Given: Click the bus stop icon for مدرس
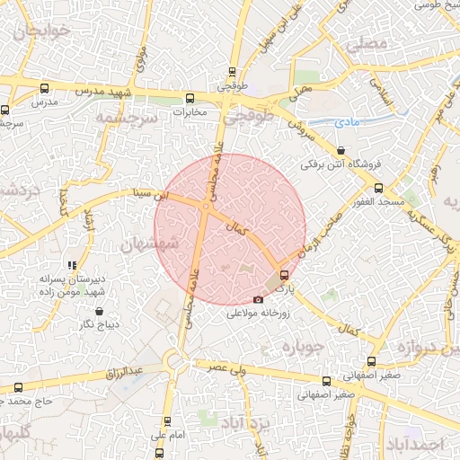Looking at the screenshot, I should click(45, 88).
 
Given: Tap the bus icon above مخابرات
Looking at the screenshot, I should click(190, 98).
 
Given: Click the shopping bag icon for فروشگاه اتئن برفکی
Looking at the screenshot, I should click(340, 150).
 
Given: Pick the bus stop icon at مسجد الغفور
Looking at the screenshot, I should click(378, 189).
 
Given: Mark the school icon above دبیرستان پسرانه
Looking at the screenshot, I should click(72, 265).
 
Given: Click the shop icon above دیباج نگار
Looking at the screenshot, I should click(99, 311).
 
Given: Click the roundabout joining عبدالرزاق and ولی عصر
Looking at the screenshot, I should click(176, 364).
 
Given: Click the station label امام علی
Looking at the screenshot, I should click(166, 435).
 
